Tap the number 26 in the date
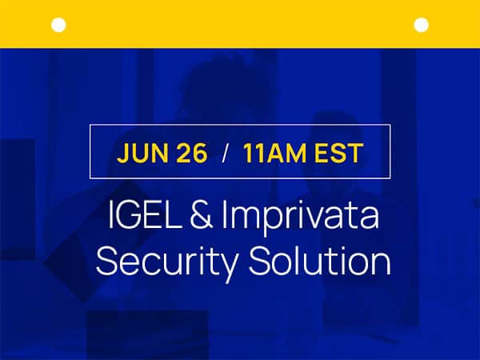tap(192, 153)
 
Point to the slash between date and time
tap(226, 153)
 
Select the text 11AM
tap(274, 153)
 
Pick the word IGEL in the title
tap(145, 214)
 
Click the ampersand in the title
tap(202, 214)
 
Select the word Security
tap(167, 262)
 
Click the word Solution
tap(319, 261)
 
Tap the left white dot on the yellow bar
tap(58, 25)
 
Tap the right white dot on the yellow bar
tap(422, 25)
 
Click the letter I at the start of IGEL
tap(110, 214)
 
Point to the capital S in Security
tap(106, 261)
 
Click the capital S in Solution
tap(259, 261)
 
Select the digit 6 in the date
tap(200, 153)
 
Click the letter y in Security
tap(228, 267)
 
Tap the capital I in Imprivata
tap(224, 214)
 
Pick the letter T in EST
tap(355, 153)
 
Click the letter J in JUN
tap(122, 153)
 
